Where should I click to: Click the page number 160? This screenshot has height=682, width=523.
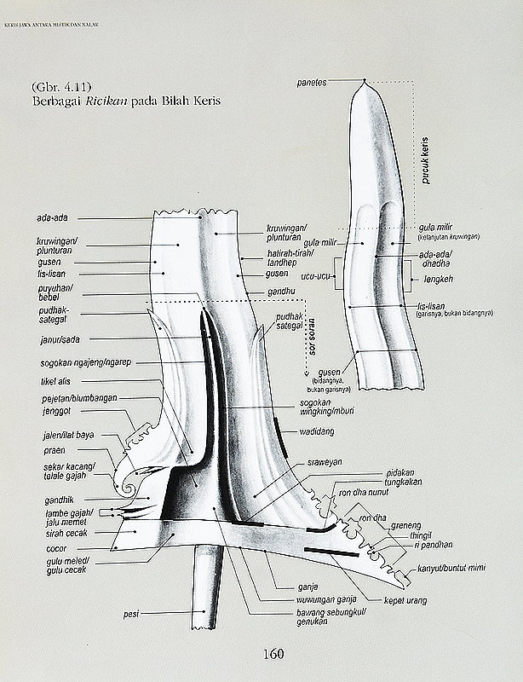[x=273, y=655]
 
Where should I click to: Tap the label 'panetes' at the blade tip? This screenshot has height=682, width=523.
[x=313, y=82]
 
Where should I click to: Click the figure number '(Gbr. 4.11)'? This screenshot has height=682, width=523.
[x=55, y=88]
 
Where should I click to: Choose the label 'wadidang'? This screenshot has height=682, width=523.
[x=316, y=431]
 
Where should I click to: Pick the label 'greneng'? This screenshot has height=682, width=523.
[x=405, y=526]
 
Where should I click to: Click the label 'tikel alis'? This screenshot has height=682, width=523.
[x=58, y=381]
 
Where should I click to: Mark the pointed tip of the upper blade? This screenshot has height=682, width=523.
[x=365, y=81]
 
